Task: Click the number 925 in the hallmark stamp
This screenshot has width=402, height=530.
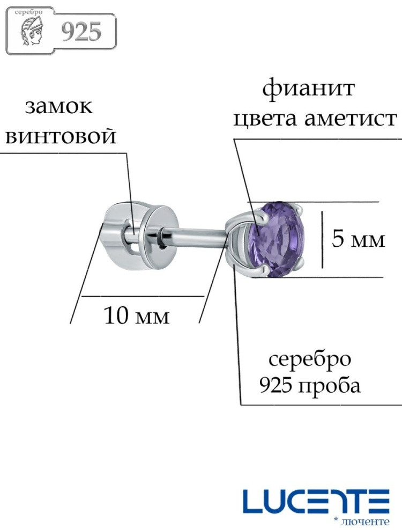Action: (81, 32)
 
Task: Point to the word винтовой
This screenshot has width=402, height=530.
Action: (61, 137)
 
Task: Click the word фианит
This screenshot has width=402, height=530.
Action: (308, 90)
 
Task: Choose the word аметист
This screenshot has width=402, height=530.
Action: (350, 119)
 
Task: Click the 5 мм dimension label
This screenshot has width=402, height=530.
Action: (359, 239)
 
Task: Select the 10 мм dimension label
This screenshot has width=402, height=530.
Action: (137, 315)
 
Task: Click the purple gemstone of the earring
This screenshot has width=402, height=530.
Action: (276, 240)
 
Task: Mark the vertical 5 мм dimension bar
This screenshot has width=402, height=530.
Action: (322, 240)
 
